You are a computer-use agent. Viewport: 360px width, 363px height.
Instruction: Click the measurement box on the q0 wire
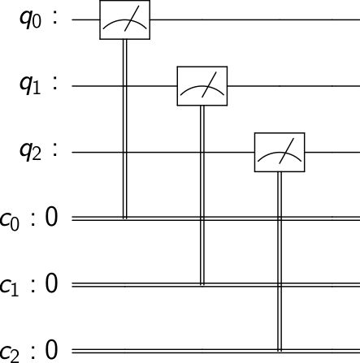[124, 19]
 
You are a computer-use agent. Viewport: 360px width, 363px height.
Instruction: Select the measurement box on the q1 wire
[202, 86]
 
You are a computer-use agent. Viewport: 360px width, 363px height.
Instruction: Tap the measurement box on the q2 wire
[280, 152]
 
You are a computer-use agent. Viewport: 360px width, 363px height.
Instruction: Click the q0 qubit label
[30, 20]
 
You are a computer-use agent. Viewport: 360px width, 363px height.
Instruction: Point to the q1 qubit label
[30, 87]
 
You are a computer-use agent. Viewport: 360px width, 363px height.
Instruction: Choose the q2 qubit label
[30, 153]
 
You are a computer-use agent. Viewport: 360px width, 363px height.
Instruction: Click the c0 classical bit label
[10, 220]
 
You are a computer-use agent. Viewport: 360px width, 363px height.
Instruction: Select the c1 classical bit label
[10, 286]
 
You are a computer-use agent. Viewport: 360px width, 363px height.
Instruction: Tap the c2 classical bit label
[10, 352]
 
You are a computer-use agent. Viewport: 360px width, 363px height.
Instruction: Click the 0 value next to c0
[51, 217]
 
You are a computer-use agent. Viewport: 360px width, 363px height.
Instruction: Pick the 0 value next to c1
[51, 283]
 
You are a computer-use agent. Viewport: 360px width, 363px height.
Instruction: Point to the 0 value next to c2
[51, 349]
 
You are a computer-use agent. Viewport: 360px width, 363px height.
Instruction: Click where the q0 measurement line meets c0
[124, 218]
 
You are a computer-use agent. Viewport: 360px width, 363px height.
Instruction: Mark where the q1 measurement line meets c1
[202, 284]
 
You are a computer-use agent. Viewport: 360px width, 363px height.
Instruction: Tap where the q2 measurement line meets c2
[280, 351]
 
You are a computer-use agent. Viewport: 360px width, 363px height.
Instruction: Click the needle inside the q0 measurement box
[132, 19]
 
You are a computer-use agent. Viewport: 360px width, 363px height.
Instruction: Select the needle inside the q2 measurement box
[287, 151]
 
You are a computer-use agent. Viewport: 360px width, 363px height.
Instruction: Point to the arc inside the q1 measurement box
[202, 86]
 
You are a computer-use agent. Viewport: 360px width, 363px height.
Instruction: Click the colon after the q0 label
[55, 18]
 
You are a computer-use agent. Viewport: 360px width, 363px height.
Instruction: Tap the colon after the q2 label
[55, 151]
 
